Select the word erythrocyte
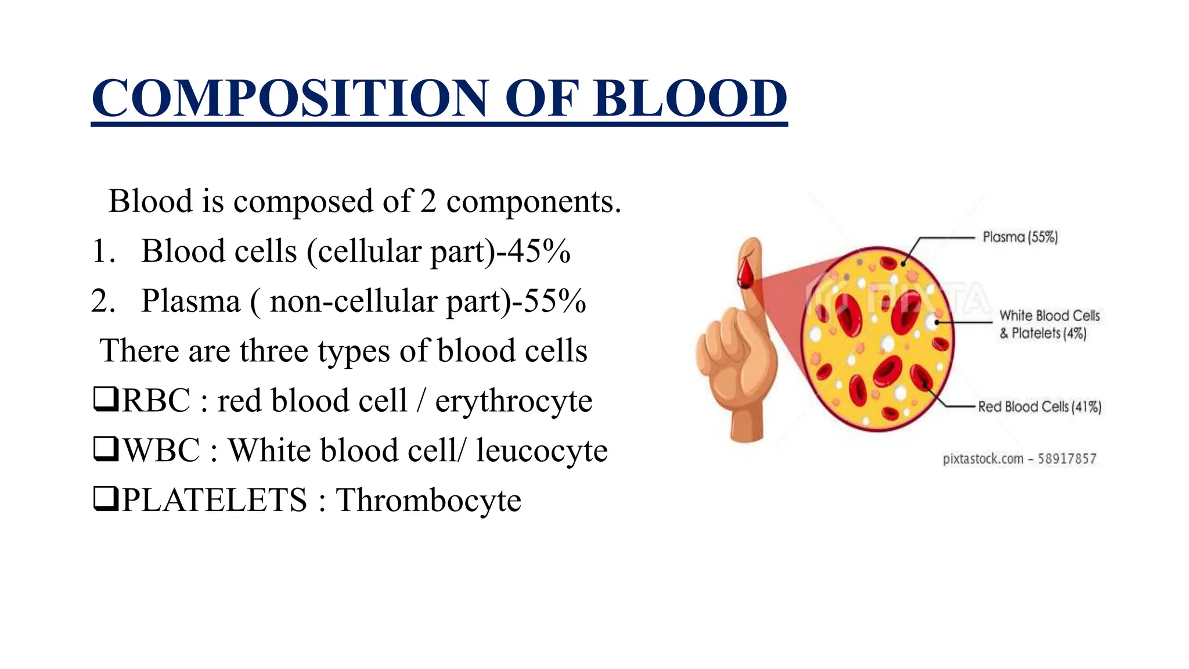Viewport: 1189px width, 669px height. (514, 401)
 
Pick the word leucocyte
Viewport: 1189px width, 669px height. (541, 451)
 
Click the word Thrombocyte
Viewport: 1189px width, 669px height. (428, 500)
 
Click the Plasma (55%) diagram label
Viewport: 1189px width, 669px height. (1020, 237)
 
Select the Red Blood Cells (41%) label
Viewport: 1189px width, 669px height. (1039, 407)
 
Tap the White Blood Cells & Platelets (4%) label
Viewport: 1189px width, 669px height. (1049, 324)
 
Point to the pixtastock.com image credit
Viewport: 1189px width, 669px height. (1019, 459)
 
